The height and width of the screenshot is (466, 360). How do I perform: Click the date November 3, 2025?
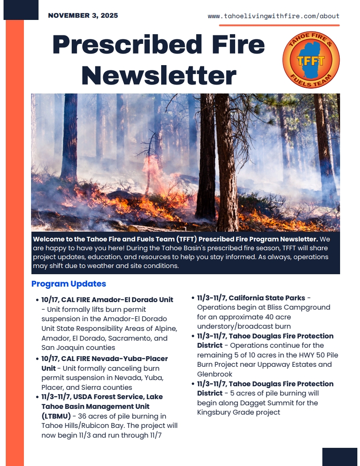(x=83, y=16)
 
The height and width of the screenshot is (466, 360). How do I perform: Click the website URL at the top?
(x=273, y=16)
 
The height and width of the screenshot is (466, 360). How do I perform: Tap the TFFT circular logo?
(x=311, y=60)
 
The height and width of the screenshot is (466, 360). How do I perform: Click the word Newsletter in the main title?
(x=159, y=75)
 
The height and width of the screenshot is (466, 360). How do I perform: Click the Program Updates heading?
(x=69, y=283)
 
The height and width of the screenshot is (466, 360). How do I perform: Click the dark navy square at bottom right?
(x=339, y=456)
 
